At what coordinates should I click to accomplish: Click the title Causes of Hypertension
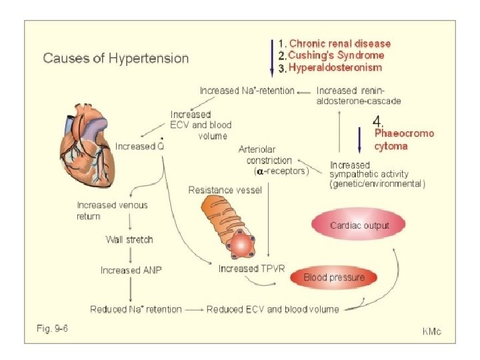(x=115, y=57)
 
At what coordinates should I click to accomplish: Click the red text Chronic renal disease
(x=339, y=43)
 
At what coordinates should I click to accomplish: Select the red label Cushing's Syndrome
(x=335, y=55)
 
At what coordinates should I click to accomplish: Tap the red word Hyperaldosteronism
(x=335, y=68)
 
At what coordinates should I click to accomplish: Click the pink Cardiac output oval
(x=360, y=225)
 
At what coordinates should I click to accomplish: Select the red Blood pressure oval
(x=333, y=277)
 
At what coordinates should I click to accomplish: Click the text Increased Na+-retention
(x=247, y=90)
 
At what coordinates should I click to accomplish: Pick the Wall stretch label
(x=129, y=239)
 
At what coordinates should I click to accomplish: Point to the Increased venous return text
(x=112, y=210)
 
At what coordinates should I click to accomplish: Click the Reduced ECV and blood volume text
(x=273, y=309)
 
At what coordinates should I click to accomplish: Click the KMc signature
(x=433, y=331)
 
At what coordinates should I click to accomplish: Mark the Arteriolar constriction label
(x=265, y=155)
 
